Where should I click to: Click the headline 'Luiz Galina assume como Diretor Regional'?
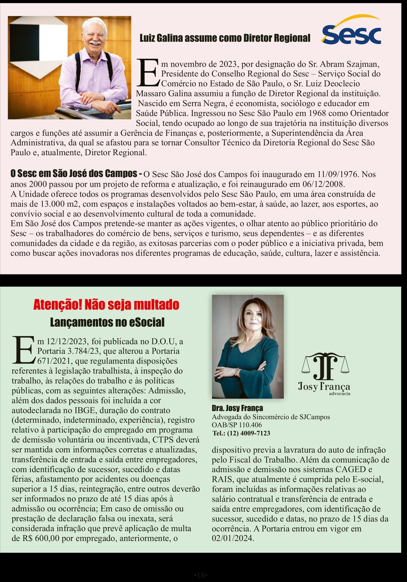(x=225, y=38)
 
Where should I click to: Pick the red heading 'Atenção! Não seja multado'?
(x=106, y=305)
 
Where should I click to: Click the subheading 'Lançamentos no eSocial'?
(x=107, y=322)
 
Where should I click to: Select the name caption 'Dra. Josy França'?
(x=237, y=408)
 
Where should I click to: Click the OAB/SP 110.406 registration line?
(x=237, y=425)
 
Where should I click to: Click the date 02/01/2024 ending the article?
(x=233, y=538)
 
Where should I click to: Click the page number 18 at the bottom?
(x=200, y=567)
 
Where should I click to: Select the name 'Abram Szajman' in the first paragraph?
(x=344, y=64)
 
